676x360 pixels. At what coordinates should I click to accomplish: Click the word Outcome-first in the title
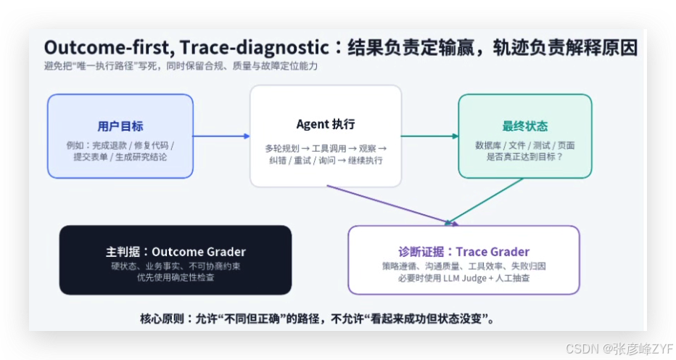tap(108, 47)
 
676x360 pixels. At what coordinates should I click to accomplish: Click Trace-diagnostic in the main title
tap(255, 47)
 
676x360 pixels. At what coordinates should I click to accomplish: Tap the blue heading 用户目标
tap(120, 126)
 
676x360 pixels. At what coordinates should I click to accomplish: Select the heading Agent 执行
tap(326, 124)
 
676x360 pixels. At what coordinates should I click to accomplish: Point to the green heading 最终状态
tap(524, 126)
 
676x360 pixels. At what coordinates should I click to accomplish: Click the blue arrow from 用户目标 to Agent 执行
tap(221, 136)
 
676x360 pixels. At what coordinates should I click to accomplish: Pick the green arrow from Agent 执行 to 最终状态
tap(430, 136)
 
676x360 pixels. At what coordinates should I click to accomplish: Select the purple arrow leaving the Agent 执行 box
tap(392, 205)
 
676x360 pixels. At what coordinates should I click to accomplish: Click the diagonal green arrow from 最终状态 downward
tap(484, 202)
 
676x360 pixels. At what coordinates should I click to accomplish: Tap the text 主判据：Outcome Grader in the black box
tap(176, 252)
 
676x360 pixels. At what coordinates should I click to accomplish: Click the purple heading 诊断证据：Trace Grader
tap(463, 252)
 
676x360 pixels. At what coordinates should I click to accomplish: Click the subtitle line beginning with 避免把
tap(181, 66)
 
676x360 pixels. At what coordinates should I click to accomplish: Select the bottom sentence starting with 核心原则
tap(317, 319)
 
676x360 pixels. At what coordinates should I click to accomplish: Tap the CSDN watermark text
tap(619, 348)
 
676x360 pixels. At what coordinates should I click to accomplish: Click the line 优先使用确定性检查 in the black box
tap(176, 277)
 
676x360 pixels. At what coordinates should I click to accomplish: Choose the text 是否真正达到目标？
tap(524, 157)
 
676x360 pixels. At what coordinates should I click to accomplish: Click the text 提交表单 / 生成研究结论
tap(120, 157)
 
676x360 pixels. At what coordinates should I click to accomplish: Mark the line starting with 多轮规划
tap(326, 149)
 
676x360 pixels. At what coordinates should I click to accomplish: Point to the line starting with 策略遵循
tap(463, 266)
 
